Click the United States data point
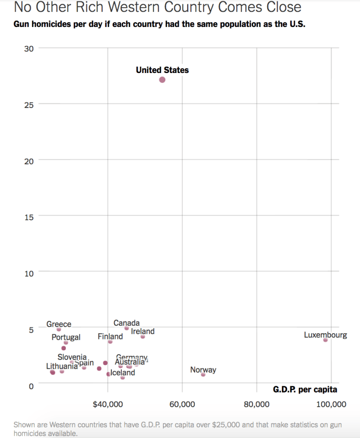coord(162,80)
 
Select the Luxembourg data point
coord(325,340)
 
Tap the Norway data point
coord(203,374)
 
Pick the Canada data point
coord(126,328)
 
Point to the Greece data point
coord(59,329)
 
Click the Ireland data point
coord(143,337)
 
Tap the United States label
coord(162,70)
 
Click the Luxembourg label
coord(325,335)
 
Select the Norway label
coord(203,370)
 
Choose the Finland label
coord(110,337)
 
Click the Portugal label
coord(66,338)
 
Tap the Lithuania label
coord(62,366)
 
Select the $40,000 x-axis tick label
coord(108,404)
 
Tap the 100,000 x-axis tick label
coord(331,404)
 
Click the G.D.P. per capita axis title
coord(305,390)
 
